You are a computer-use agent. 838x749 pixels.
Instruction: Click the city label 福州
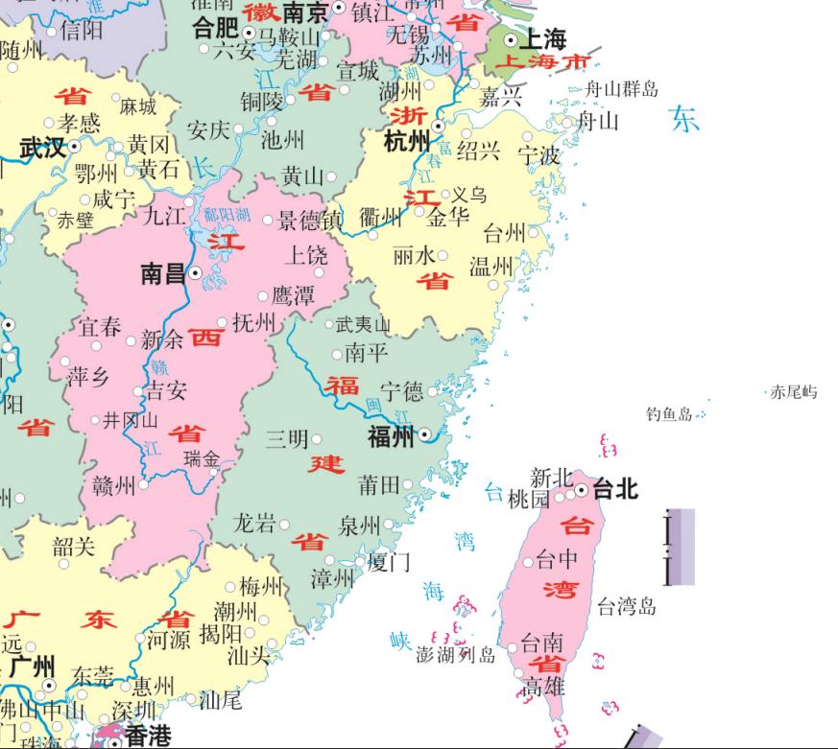391,437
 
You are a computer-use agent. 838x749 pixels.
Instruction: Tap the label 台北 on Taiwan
615,489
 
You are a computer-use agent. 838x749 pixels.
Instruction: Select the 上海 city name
542,39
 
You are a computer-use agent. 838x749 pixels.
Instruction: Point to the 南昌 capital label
162,273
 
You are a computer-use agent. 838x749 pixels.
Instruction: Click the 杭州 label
409,142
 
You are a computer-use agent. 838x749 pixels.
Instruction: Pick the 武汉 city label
42,148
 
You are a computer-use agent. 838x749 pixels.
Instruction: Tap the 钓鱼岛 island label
668,414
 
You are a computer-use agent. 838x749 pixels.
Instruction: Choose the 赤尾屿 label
795,392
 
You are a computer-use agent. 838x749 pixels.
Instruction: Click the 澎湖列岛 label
456,655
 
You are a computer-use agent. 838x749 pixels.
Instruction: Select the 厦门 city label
389,561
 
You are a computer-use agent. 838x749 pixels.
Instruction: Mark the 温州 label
491,266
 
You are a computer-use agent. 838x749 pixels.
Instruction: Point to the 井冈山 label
131,420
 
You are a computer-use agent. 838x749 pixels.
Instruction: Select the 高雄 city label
544,687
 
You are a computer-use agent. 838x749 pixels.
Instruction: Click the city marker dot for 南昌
196,273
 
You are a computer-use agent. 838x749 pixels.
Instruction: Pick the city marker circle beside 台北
581,490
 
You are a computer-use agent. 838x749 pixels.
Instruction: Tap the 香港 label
147,737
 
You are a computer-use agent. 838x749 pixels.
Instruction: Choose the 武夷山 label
364,325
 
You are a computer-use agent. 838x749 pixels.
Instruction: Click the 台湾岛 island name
626,606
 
